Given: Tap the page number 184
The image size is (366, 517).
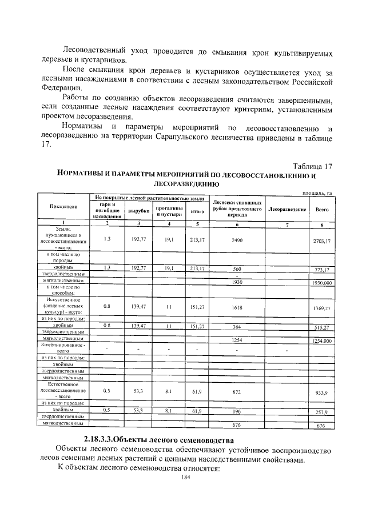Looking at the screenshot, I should point(185,477).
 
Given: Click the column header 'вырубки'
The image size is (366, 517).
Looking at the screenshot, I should point(138,211).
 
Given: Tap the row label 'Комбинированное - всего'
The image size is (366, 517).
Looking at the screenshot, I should point(63,348).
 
